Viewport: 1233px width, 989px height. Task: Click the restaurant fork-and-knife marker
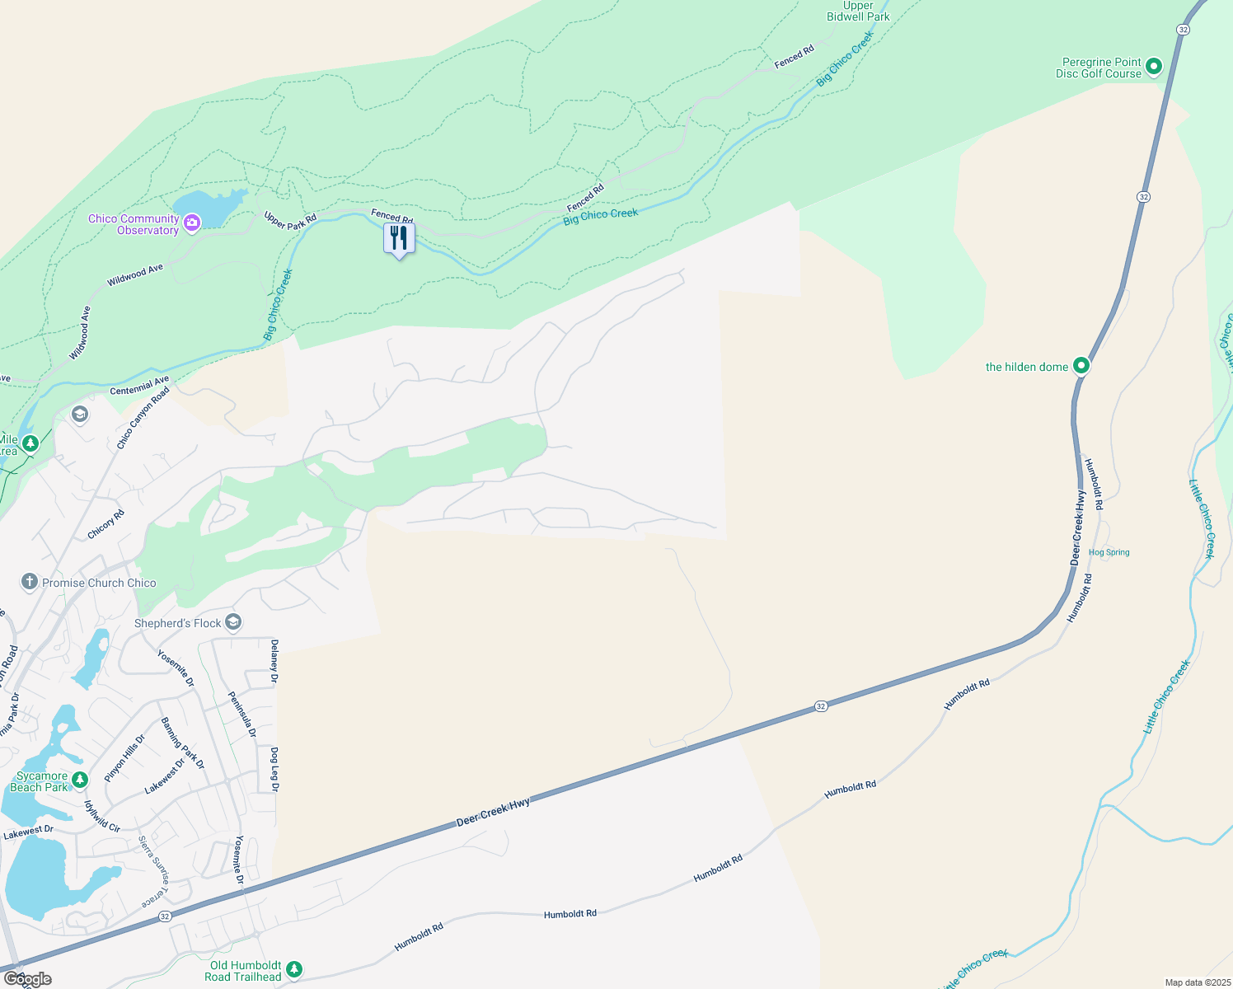[399, 238]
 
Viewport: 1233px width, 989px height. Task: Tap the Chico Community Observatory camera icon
[192, 223]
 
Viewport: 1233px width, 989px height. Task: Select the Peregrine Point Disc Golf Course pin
[1154, 66]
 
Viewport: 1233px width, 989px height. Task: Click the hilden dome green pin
[1081, 365]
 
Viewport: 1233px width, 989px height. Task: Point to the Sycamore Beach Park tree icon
[80, 779]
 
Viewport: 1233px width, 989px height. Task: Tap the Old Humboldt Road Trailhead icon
[294, 970]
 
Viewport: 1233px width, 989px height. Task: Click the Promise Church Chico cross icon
[30, 582]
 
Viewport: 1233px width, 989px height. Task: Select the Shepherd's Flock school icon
[233, 622]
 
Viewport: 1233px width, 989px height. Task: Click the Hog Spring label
[1109, 552]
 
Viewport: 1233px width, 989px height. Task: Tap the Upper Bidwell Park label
[858, 11]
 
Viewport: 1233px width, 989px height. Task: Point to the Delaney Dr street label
[274, 662]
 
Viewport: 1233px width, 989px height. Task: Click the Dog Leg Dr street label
[274, 770]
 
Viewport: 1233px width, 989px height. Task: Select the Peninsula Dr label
[242, 714]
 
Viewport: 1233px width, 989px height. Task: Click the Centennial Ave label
[139, 385]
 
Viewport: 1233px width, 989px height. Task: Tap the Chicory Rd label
[106, 524]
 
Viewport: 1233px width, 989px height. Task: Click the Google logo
[27, 979]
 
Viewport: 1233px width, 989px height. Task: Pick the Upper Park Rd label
[290, 221]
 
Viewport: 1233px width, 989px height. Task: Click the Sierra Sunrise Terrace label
[152, 871]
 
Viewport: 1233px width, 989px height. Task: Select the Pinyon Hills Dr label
[124, 758]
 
